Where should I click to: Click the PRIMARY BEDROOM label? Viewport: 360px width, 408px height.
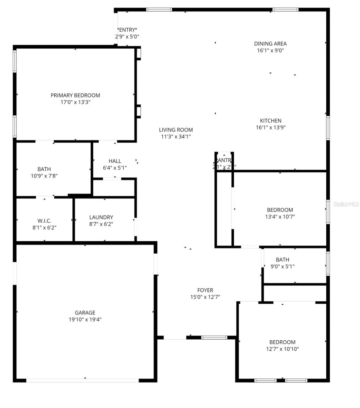point(75,95)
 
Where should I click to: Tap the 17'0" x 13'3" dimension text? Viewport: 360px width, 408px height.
point(75,102)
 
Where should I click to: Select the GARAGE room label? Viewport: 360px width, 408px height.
point(85,312)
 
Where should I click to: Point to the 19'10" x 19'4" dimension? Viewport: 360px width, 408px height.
point(85,319)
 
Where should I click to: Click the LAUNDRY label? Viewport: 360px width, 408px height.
point(101,217)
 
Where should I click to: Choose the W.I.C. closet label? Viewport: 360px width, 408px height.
point(44,221)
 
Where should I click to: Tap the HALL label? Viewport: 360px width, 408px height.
point(115,161)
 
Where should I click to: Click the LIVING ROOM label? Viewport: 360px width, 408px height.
point(176,130)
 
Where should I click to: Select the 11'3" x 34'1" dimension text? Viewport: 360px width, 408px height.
point(176,136)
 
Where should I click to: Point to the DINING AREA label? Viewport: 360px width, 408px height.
point(270,44)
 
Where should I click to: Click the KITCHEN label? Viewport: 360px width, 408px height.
point(271,120)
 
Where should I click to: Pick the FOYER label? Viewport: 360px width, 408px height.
point(205,290)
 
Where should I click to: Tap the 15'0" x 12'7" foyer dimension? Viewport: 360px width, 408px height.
point(205,297)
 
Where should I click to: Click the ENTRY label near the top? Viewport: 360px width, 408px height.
point(127,30)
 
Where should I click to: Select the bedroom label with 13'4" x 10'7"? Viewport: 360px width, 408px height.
point(280,210)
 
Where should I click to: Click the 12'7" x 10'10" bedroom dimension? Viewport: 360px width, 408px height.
point(282,349)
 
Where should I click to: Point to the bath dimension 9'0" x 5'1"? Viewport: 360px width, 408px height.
point(283,267)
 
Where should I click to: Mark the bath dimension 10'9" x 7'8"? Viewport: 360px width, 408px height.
point(44,176)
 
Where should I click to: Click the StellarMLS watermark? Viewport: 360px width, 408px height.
point(346,204)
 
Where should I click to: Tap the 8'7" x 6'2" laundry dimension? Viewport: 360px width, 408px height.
point(101,224)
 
